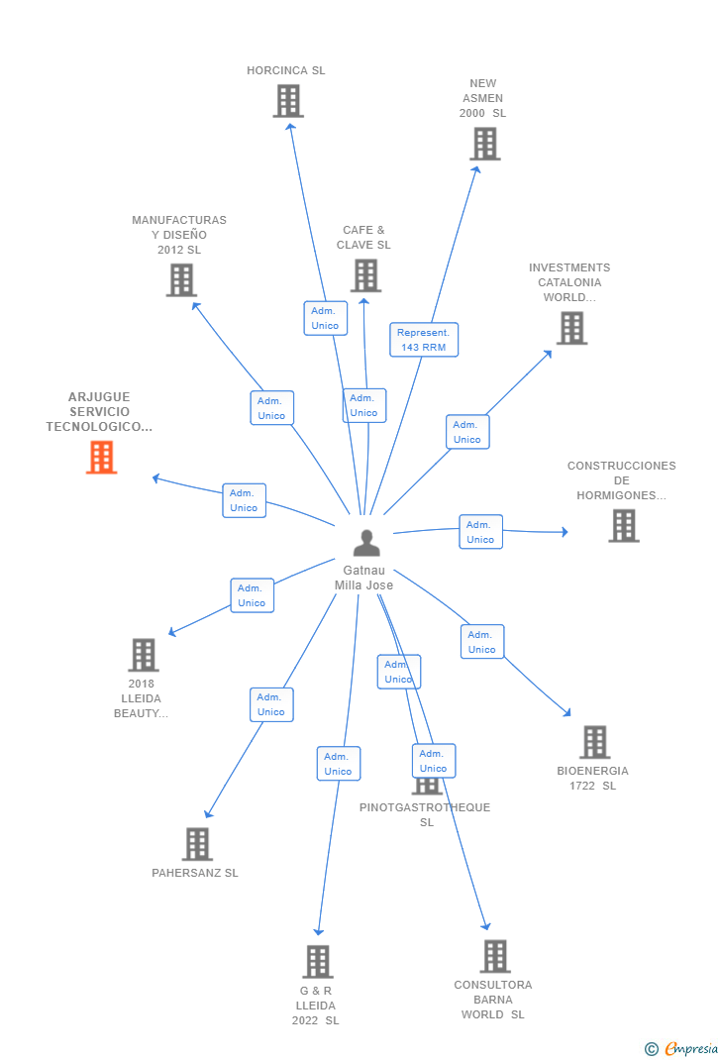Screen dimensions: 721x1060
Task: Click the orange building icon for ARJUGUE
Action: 101,457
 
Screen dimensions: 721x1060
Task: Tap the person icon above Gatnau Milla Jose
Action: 366,542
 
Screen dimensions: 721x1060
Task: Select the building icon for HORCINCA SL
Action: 288,101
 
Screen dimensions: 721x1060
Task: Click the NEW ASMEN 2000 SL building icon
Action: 485,144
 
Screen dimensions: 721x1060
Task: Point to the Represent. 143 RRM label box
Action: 424,340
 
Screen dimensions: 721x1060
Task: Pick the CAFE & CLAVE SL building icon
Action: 366,275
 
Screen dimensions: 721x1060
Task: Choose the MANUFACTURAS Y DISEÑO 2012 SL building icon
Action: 182,280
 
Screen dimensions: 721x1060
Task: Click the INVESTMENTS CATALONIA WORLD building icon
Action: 571,328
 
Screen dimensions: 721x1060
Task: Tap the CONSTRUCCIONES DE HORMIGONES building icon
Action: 624,525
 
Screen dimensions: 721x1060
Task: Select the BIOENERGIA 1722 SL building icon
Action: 594,742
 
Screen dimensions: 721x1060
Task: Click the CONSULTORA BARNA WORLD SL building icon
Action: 495,956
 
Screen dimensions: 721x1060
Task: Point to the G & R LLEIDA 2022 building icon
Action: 318,961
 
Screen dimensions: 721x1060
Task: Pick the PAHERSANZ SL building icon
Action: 197,844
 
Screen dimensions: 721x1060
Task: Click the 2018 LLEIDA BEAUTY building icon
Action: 144,655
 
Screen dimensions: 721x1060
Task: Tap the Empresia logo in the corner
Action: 681,1048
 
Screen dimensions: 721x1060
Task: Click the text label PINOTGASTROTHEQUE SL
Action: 425,814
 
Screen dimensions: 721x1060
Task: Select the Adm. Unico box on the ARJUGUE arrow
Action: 244,500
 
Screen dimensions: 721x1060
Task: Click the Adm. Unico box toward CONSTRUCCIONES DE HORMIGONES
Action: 480,532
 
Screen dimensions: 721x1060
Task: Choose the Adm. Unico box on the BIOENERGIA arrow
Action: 481,642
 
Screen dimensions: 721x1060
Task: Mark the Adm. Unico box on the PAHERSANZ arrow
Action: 271,704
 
